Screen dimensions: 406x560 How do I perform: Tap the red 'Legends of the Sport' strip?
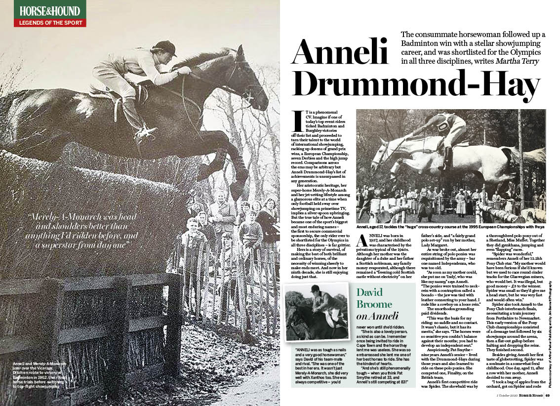(50, 23)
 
